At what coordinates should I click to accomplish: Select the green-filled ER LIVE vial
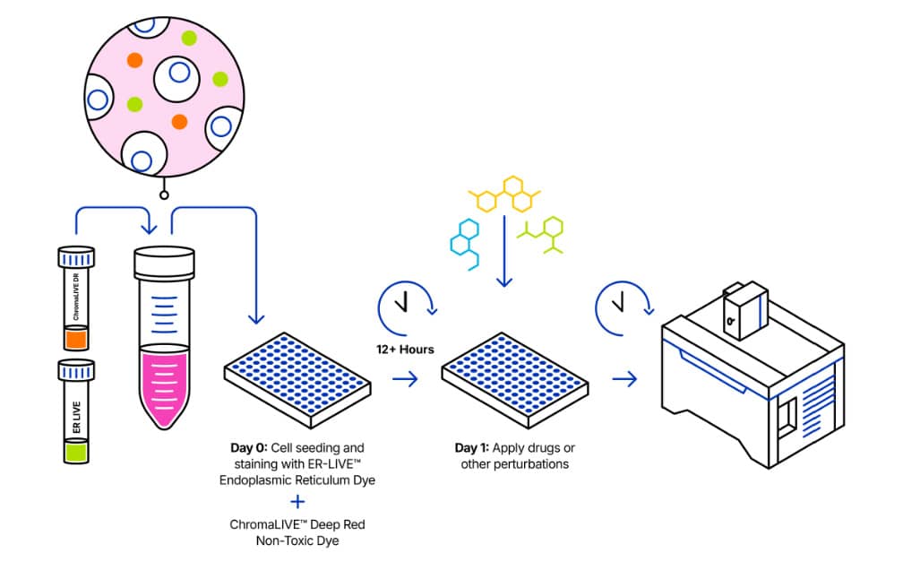point(75,412)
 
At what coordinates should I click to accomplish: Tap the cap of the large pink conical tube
point(164,262)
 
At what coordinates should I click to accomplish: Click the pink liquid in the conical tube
point(164,385)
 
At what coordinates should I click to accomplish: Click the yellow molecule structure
point(506,194)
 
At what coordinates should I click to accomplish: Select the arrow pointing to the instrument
point(624,378)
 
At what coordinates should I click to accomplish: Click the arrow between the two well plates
point(405,378)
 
